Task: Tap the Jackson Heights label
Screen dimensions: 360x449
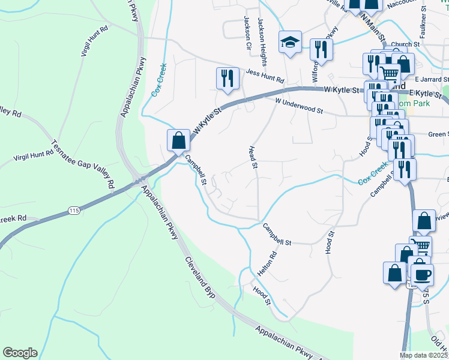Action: coord(262,34)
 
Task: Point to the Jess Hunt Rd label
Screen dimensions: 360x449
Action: coord(264,76)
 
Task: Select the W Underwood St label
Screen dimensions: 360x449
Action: coord(299,107)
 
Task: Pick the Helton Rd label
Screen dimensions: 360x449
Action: coord(267,263)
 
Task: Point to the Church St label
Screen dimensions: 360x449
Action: coord(405,44)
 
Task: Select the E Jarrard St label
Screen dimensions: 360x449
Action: coord(432,79)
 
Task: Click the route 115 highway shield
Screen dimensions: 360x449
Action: coord(74,210)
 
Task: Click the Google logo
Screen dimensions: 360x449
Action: coord(20,353)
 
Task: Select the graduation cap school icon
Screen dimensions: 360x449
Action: coord(289,42)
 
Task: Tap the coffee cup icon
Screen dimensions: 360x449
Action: coord(421,273)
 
